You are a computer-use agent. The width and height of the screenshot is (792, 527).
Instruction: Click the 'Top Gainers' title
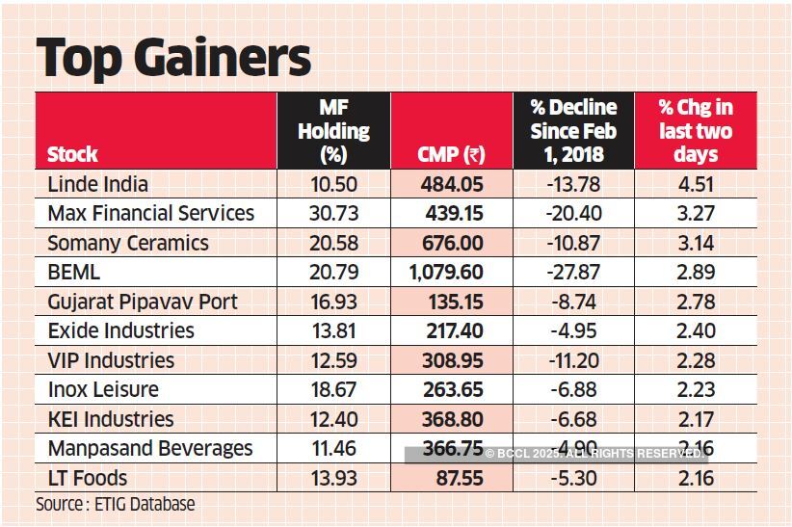[174, 57]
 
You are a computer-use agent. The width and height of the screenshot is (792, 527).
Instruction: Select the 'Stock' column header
[72, 154]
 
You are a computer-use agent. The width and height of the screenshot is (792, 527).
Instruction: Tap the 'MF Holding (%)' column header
[333, 131]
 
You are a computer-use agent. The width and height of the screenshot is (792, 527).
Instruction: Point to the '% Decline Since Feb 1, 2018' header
[573, 131]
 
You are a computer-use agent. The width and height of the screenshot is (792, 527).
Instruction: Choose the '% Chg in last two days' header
[696, 131]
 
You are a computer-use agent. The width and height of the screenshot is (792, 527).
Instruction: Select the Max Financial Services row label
[150, 213]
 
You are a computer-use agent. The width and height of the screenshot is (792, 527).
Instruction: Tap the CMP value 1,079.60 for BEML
[446, 273]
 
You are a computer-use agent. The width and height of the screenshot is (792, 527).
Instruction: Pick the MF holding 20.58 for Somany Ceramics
[333, 243]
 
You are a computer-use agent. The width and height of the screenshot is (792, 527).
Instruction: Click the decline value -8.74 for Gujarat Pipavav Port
[573, 302]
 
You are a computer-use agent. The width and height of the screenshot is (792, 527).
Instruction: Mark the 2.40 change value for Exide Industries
[696, 331]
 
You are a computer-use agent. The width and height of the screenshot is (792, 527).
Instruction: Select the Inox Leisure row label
[103, 390]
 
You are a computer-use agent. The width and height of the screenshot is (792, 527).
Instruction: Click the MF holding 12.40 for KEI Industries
[333, 419]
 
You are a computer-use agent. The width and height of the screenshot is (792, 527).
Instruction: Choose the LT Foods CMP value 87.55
[458, 478]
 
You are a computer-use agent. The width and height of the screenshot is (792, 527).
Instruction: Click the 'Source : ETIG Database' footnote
[115, 504]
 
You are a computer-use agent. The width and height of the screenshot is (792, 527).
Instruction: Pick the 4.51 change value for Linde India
[696, 184]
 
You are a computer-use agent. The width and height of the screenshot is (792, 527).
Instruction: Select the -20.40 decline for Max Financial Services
[573, 213]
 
